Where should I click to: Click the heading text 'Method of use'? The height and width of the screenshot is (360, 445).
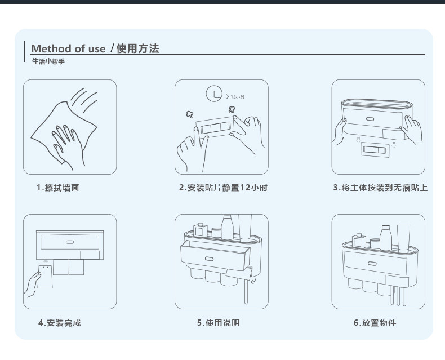point(68,48)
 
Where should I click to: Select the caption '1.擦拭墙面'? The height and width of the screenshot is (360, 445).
point(58,188)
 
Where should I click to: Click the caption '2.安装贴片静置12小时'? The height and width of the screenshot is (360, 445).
point(223,188)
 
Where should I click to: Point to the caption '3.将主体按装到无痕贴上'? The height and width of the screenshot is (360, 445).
point(380,188)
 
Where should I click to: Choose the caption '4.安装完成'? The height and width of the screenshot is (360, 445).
point(60,323)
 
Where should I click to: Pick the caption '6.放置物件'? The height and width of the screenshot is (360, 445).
point(375,323)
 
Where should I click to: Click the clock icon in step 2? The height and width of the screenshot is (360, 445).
point(214,94)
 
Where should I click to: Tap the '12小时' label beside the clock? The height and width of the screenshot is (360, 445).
point(237,97)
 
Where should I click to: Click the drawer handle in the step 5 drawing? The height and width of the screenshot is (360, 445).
point(210,258)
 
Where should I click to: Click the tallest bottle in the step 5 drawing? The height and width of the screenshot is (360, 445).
point(228,226)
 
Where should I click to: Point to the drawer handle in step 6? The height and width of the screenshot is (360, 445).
point(372,264)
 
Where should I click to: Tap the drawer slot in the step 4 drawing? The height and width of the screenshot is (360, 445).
point(70,242)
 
